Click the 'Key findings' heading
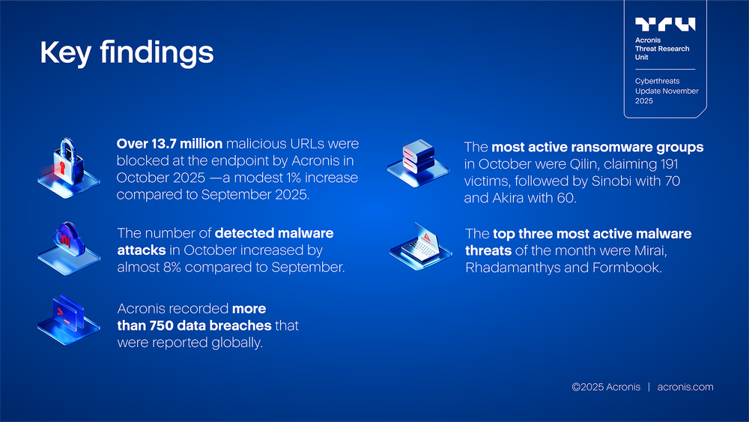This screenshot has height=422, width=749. (126, 53)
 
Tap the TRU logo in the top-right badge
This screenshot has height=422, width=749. (664, 25)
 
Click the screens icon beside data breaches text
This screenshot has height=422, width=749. (68, 319)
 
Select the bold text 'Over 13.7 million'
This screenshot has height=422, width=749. (169, 143)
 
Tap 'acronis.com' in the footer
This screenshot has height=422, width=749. (685, 387)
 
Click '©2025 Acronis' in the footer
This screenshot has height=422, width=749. (605, 387)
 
